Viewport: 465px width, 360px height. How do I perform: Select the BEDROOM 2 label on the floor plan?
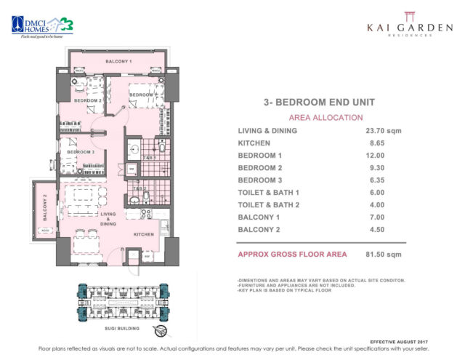81,100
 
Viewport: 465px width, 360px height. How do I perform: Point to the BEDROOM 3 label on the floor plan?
83,152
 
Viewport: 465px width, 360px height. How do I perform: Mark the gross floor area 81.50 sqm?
384,254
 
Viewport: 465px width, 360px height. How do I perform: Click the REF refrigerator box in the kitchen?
147,257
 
